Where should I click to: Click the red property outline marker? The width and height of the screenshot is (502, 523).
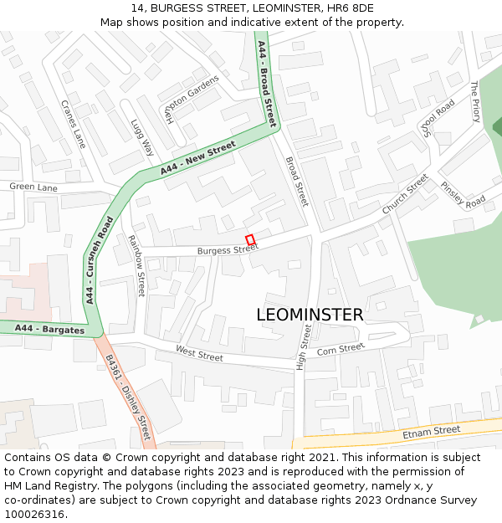tap(249, 239)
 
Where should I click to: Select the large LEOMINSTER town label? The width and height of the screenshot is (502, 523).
tap(310, 315)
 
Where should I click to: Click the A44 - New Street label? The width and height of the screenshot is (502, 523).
tap(198, 158)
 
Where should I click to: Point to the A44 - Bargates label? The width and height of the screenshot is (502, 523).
tap(49, 329)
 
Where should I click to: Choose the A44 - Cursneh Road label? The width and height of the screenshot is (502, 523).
tap(98, 259)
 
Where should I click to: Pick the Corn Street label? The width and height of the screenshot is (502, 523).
tap(341, 348)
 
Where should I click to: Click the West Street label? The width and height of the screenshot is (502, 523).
tap(199, 355)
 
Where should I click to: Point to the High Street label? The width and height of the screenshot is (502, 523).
tap(305, 348)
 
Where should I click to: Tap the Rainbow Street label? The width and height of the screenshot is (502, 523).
tap(136, 265)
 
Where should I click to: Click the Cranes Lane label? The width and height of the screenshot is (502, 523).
tap(73, 124)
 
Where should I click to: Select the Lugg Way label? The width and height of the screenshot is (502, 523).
tap(142, 137)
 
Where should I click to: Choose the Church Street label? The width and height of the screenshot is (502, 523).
tap(405, 193)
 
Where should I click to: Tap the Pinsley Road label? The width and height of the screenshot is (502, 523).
tap(463, 195)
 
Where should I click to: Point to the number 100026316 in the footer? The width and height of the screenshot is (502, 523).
tap(34, 514)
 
